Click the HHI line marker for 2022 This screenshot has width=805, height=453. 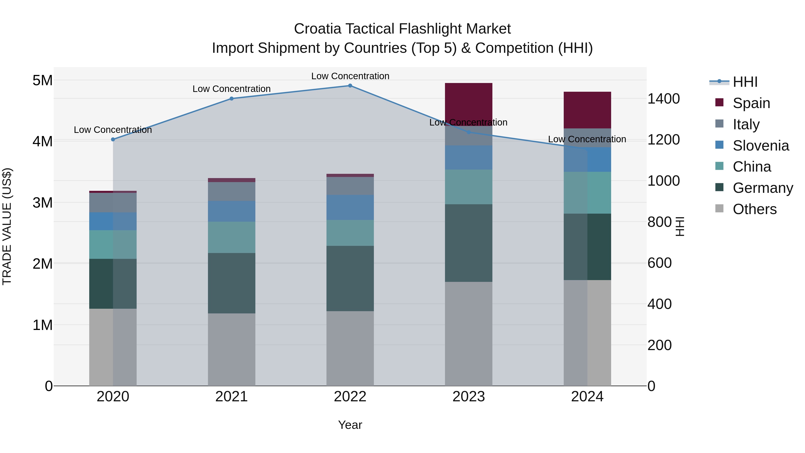[350, 86]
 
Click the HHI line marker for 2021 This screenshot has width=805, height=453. [232, 98]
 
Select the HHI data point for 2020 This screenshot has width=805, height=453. [113, 139]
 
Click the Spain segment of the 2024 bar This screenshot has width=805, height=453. [587, 110]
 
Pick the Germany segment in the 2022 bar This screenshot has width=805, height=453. [350, 278]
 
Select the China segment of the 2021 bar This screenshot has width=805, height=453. [232, 237]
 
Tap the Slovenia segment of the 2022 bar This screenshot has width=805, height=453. [350, 207]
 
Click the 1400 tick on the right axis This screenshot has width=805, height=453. [663, 99]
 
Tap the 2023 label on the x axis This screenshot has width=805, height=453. [468, 397]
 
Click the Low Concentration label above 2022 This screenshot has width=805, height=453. [350, 76]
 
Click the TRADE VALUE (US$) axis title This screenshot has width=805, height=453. [7, 226]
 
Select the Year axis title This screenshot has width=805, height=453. [350, 425]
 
